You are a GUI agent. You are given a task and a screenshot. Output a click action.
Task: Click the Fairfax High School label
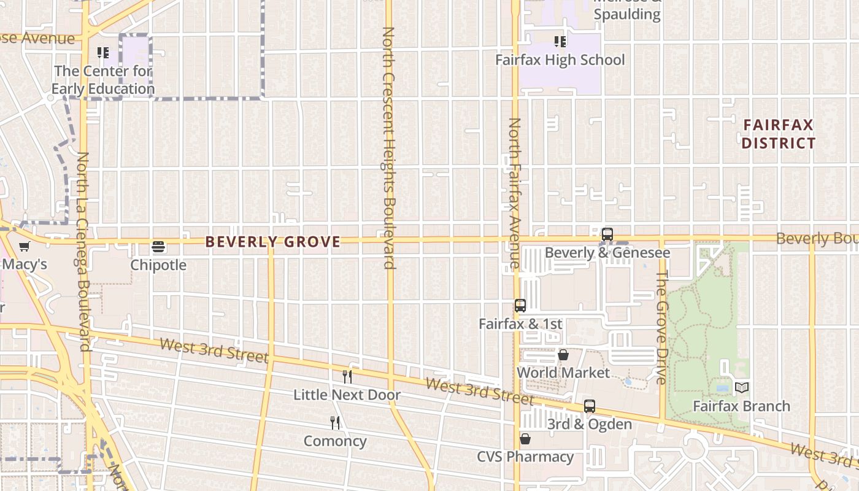(560, 60)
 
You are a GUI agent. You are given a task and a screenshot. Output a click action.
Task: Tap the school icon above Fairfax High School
(560, 42)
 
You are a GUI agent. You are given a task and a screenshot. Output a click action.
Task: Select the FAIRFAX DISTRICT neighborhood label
(779, 134)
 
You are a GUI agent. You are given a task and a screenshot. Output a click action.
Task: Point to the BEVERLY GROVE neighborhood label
(272, 242)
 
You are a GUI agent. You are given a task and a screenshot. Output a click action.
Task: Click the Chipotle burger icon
(158, 247)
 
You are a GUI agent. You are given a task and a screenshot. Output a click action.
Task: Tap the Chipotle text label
(158, 265)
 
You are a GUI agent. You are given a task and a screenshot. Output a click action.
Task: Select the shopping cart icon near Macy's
(24, 247)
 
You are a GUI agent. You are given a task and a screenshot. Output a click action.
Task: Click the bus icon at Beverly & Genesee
(607, 234)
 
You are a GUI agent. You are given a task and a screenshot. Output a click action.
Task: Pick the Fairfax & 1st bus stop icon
(520, 305)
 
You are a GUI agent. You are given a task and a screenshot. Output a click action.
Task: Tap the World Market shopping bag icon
(563, 355)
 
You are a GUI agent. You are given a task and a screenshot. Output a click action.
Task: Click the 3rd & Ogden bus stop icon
(589, 406)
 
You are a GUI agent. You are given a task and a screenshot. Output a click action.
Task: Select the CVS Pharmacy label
(525, 457)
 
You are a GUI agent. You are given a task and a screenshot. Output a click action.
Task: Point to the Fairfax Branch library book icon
(741, 387)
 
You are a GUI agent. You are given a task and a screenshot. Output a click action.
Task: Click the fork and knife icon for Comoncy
(335, 422)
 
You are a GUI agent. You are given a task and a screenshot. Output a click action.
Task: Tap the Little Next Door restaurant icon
(347, 376)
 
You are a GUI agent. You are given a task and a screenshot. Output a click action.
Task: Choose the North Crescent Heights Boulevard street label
(388, 147)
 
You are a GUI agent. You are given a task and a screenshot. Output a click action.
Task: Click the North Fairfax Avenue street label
(514, 193)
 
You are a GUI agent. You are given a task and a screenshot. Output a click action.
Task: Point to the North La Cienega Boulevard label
(83, 252)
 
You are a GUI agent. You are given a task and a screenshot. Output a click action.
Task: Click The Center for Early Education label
(102, 80)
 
